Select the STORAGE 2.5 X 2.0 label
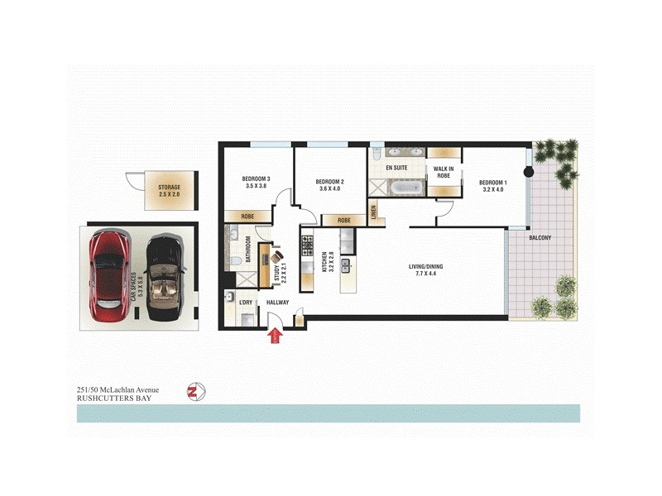tap(169, 191)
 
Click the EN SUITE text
tap(396, 168)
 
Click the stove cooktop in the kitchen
tap(306, 244)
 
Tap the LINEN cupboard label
tap(373, 213)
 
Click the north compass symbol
tap(196, 391)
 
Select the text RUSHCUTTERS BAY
tap(113, 397)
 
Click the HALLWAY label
tap(278, 303)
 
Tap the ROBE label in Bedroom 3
tap(247, 216)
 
